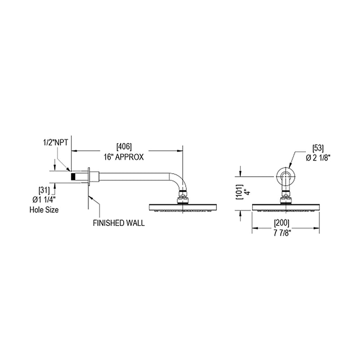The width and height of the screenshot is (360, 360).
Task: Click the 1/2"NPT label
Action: tap(56, 142)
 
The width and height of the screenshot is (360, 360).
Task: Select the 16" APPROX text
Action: tap(124, 157)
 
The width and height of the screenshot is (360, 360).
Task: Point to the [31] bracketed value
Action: tap(44, 190)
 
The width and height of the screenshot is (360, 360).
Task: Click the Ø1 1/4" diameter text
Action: tap(44, 200)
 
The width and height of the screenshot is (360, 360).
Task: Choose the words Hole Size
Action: tap(44, 210)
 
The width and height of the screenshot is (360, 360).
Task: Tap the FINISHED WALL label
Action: tap(119, 223)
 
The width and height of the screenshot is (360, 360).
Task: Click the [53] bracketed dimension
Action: tap(318, 148)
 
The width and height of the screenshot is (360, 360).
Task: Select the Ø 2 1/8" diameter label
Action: tap(318, 158)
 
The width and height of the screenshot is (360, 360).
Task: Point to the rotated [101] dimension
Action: tap(239, 192)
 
